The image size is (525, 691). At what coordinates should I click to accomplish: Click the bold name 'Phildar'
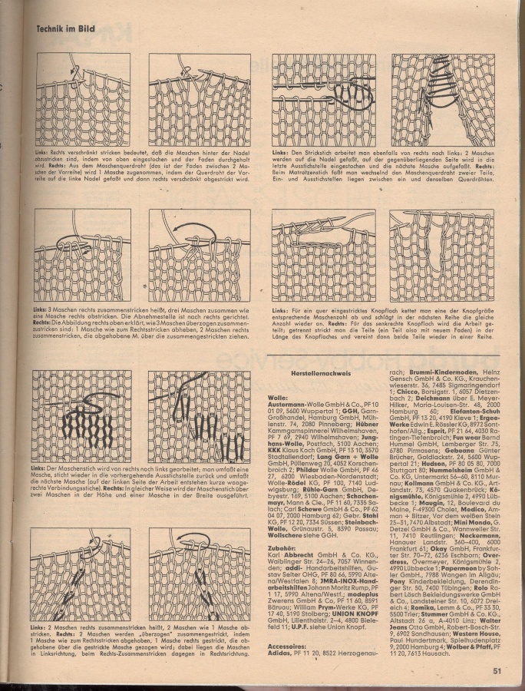(x=302, y=468)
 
